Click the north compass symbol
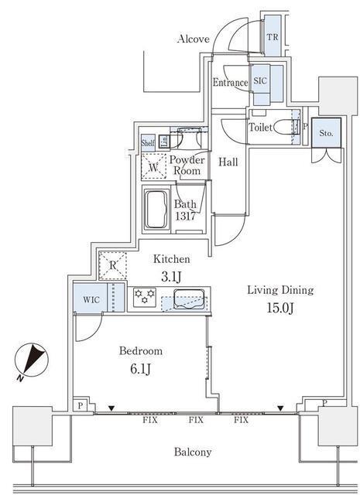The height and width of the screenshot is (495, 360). [x=32, y=360]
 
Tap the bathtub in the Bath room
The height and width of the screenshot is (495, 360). [x=156, y=209]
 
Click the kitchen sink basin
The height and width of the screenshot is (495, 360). [x=188, y=299]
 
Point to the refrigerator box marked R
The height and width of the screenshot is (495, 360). [x=113, y=265]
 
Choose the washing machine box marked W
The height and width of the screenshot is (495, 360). [x=153, y=167]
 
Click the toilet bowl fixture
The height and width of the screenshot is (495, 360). [x=283, y=128]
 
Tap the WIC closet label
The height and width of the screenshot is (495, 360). [x=91, y=299]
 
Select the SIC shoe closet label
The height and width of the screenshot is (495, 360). [x=260, y=80]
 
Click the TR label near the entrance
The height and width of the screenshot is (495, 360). [x=273, y=37]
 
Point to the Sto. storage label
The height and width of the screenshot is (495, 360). [x=326, y=133]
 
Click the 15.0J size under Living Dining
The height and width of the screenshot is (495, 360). [x=281, y=308]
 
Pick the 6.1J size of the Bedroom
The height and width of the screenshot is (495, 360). [x=140, y=369]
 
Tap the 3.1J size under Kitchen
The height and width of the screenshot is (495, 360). [x=171, y=277]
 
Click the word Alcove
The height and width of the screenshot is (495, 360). [x=194, y=39]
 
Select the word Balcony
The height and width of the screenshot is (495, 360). [x=193, y=452]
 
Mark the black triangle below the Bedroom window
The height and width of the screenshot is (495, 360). [x=111, y=408]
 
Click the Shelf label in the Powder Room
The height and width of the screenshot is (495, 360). [x=148, y=142]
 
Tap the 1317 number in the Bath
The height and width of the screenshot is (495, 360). [x=185, y=217]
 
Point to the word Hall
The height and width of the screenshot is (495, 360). [x=228, y=162]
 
